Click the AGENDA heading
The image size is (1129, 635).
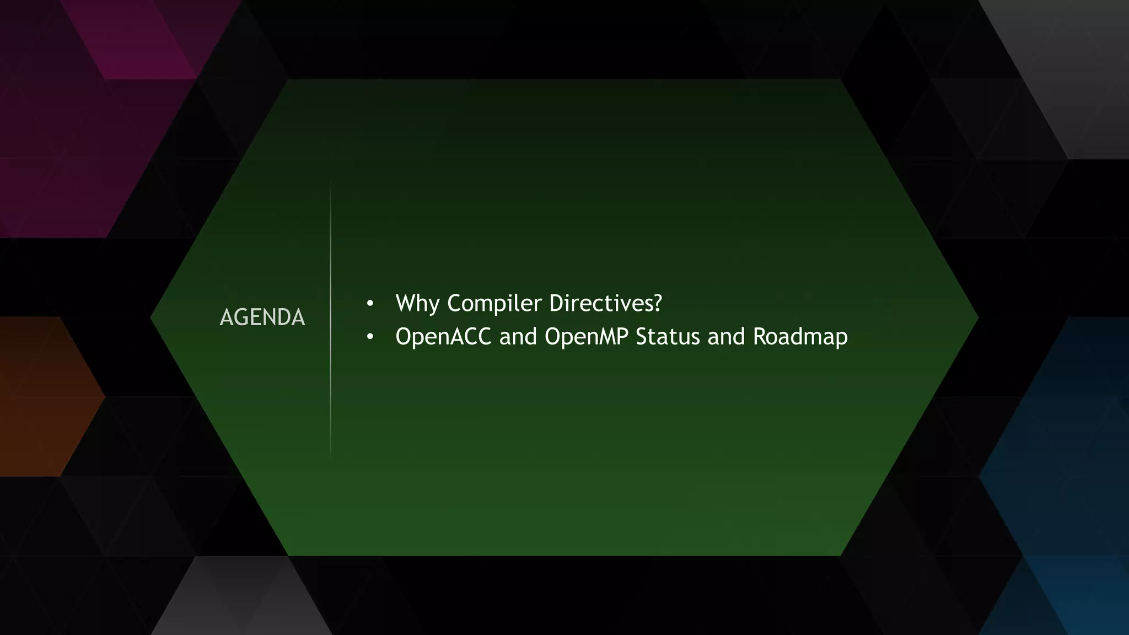262,317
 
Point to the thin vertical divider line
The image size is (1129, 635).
331,320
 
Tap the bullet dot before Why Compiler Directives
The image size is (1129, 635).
370,304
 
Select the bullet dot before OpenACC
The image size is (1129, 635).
370,337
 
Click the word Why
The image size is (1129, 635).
417,304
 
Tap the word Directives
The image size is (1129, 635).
600,303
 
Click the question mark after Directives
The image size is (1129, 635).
657,303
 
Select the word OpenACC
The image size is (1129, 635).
443,337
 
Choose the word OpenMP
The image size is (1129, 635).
587,337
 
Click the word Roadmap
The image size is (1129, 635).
800,337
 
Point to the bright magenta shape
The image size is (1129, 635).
143,44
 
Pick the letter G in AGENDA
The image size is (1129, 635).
242,317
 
